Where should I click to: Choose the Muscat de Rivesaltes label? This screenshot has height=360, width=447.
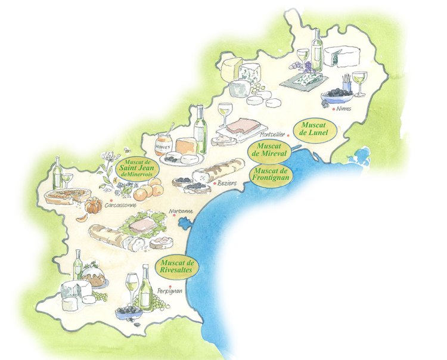[177, 266]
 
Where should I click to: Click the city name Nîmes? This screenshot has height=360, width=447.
[344, 109]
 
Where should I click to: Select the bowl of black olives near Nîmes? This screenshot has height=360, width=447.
[337, 94]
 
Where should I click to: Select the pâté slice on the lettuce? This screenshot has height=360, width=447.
[144, 226]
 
